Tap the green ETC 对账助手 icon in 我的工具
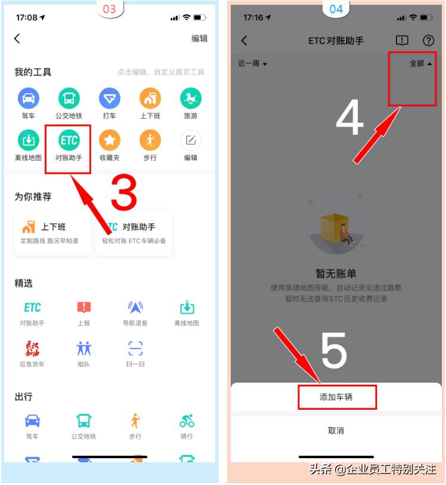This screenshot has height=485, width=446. point(69,141)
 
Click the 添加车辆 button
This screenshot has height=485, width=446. point(337,397)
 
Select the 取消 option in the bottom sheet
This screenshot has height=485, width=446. point(336,430)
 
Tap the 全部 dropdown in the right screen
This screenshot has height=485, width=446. point(420,63)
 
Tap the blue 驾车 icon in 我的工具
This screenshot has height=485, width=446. point(28,98)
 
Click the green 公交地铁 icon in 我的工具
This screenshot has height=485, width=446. point(69,98)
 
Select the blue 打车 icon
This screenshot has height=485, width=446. point(109,98)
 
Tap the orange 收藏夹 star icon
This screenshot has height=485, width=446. point(109,141)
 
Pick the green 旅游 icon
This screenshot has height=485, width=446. point(190,98)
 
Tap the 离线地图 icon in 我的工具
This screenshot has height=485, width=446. point(28,141)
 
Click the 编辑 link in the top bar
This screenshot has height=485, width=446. point(199,38)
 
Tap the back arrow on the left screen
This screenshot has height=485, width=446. point(17,38)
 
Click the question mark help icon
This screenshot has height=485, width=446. point(428,41)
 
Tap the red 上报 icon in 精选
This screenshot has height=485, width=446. point(83,308)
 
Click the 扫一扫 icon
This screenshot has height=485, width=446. point(135,349)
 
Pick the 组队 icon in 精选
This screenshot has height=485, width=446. point(83,349)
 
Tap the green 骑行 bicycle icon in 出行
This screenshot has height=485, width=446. point(187,421)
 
